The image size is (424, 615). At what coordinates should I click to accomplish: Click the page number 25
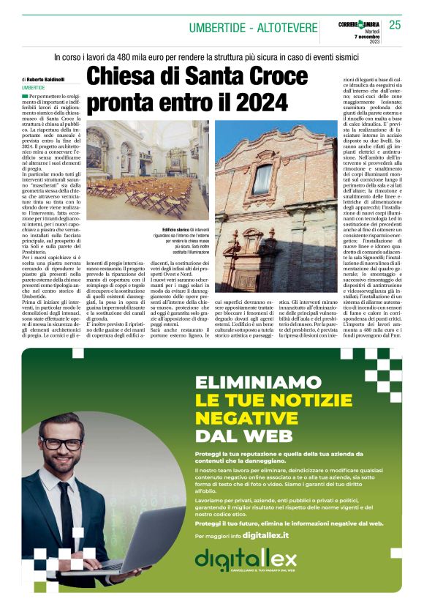[x=395, y=25]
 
